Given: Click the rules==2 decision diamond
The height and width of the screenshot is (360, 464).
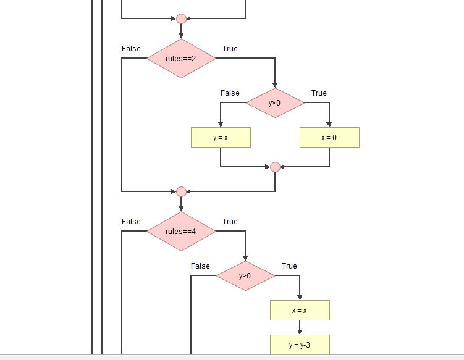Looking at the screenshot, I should (x=181, y=59).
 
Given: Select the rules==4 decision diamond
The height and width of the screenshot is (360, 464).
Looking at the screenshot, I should (x=181, y=232).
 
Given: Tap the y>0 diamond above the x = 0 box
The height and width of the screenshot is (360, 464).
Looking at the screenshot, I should (x=275, y=103).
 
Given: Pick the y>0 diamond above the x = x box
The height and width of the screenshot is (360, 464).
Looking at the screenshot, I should (x=245, y=276).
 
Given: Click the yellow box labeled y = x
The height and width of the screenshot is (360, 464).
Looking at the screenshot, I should (x=221, y=138).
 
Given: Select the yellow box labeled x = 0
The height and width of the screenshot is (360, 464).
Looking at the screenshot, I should (x=329, y=138).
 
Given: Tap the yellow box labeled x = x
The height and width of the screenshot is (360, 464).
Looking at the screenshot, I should (x=300, y=311).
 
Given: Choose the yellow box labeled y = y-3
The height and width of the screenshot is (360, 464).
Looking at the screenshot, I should (x=300, y=345).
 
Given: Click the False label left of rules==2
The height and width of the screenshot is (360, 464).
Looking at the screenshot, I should (x=131, y=49).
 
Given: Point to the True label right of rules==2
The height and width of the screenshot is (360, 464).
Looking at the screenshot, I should (x=230, y=49).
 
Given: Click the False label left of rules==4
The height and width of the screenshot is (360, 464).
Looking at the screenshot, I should (x=131, y=222).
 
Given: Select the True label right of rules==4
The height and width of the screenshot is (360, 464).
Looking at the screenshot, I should (x=230, y=222).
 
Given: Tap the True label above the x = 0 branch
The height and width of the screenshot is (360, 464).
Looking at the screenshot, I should (x=319, y=93).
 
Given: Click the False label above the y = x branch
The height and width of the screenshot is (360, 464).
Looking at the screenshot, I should (x=230, y=93).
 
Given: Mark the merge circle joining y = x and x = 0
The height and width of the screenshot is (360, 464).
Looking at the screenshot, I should (x=275, y=167).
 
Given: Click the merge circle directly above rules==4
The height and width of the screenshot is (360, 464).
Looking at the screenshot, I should (x=181, y=191).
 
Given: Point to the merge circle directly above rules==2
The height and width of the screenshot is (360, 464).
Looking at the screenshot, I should (x=181, y=19).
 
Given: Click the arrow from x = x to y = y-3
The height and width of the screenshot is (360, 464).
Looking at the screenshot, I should (x=300, y=328).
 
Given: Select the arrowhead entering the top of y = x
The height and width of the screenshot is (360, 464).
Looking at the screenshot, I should (x=221, y=124).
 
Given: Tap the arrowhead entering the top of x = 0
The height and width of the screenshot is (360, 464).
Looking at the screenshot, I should (x=329, y=124).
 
